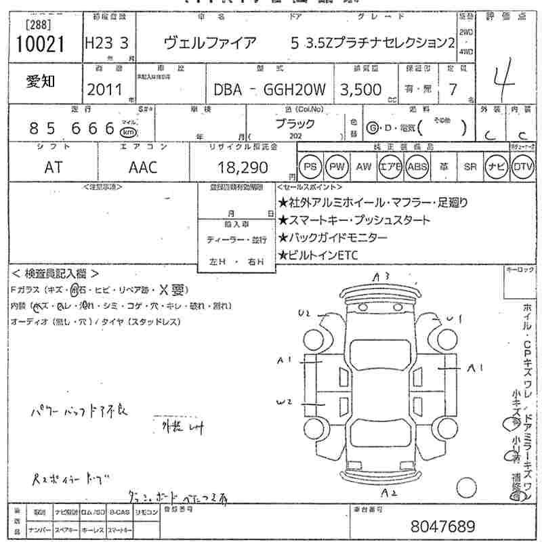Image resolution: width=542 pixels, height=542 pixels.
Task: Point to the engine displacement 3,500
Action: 363,89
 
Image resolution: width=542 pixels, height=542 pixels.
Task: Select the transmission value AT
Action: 53,167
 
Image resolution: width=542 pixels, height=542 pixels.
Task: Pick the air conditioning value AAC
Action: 143,167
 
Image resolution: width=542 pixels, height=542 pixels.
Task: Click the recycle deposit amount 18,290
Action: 243,167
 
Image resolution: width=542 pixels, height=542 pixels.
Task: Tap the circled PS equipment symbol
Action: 310,167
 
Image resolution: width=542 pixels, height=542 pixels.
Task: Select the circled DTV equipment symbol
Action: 522,167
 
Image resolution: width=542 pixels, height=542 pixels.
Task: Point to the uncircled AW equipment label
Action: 364,167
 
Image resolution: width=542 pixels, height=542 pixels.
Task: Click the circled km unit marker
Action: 129,131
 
